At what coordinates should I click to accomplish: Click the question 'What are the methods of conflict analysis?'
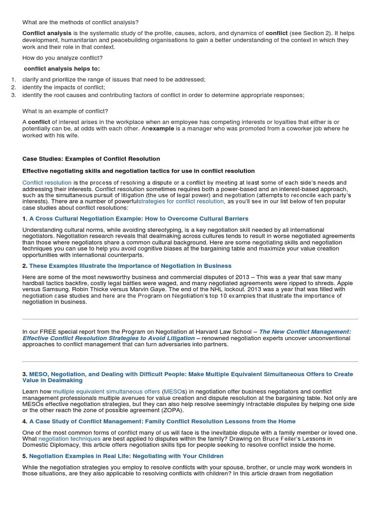(x=81, y=22)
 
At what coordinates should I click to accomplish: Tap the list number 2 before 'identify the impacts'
(x=13, y=87)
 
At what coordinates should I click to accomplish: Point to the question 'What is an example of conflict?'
(x=65, y=111)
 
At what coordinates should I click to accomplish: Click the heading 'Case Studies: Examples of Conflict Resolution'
(x=91, y=159)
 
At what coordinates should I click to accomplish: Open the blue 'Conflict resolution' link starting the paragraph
(x=47, y=183)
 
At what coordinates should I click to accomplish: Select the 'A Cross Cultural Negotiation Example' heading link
(x=139, y=218)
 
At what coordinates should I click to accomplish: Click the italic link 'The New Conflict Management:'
(x=305, y=332)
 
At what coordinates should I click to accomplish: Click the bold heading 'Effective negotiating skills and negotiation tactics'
(x=139, y=171)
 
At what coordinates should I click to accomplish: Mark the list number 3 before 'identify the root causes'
(x=13, y=95)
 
